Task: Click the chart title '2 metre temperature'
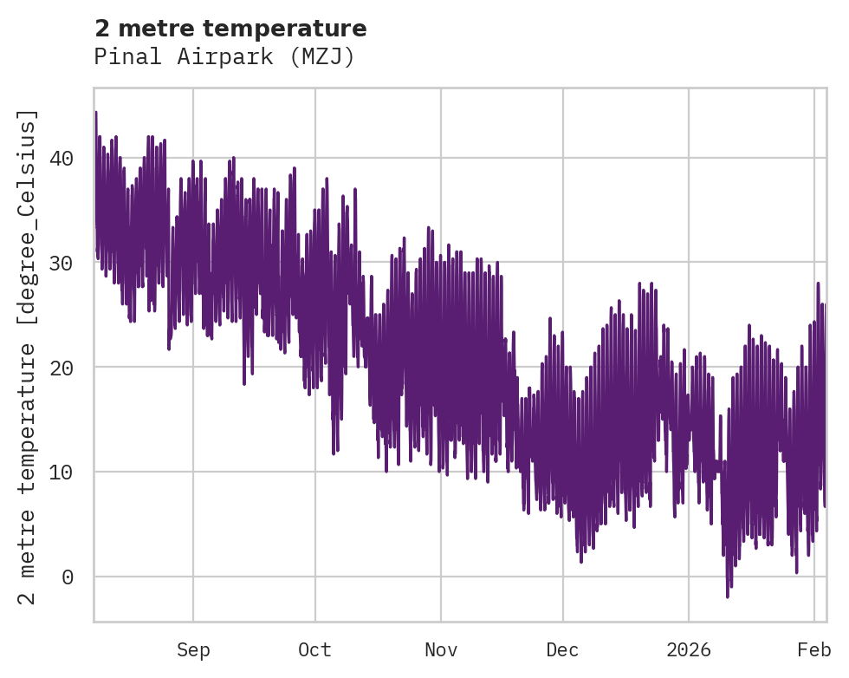230,29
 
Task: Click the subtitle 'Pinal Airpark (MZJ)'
224,57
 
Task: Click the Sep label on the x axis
193,650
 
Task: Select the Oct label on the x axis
315,650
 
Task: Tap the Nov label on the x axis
441,650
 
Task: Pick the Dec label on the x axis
562,650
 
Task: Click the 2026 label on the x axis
688,650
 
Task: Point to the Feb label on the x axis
813,650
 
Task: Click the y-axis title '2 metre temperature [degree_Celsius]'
29,356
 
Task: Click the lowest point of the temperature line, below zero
728,597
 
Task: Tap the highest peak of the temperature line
95,113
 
